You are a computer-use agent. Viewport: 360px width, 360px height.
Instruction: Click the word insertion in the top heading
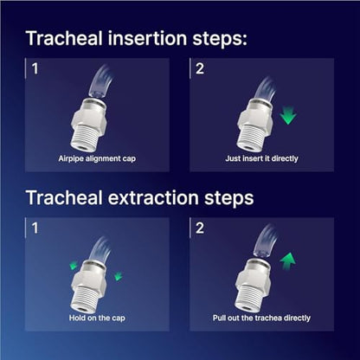pyautogui.click(x=147, y=38)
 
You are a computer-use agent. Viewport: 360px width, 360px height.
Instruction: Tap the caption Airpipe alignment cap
pyautogui.click(x=97, y=158)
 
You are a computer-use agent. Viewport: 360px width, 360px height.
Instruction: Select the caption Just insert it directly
pyautogui.click(x=261, y=158)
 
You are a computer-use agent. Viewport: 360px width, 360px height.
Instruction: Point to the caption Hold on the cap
pyautogui.click(x=97, y=318)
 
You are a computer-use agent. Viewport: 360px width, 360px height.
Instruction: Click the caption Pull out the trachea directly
pyautogui.click(x=261, y=318)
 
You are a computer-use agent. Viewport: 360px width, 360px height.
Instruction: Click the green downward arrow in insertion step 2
pyautogui.click(x=288, y=115)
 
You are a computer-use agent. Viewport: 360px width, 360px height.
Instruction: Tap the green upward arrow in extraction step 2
pyautogui.click(x=287, y=260)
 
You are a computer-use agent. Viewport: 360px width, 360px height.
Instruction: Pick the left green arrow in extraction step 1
pyautogui.click(x=74, y=266)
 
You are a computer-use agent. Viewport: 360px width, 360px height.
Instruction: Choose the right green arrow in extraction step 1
pyautogui.click(x=119, y=276)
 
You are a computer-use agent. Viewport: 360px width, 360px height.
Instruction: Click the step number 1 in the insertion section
pyautogui.click(x=35, y=69)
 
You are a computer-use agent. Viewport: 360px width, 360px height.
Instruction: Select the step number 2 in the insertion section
pyautogui.click(x=200, y=69)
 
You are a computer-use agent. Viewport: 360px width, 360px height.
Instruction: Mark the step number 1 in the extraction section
pyautogui.click(x=35, y=228)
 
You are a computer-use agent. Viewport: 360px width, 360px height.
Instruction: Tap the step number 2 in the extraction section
pyautogui.click(x=200, y=228)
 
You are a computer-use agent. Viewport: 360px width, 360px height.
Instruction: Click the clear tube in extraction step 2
pyautogui.click(x=266, y=241)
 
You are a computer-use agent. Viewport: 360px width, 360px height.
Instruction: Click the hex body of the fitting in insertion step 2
pyautogui.click(x=254, y=119)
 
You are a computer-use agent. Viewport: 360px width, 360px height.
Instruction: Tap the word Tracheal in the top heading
pyautogui.click(x=64, y=38)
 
